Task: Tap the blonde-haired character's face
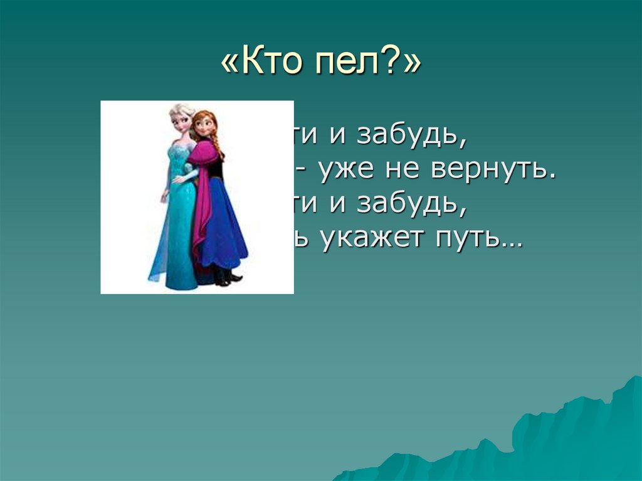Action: (180, 121)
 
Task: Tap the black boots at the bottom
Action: (224, 278)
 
